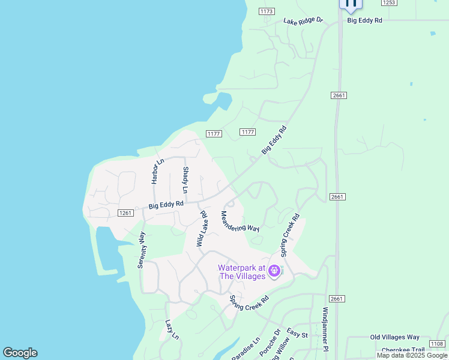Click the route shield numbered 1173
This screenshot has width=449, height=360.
coord(267,11)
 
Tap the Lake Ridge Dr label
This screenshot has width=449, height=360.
coord(303,21)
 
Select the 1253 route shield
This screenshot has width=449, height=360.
coord(388,3)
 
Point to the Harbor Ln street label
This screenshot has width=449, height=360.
coord(158,171)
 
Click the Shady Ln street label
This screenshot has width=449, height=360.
coord(185,180)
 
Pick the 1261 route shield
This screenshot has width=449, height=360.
coord(125,213)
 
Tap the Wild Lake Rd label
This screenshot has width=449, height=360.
coord(202,229)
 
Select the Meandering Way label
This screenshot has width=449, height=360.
coord(240,221)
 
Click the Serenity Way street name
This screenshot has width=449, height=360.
coord(142,250)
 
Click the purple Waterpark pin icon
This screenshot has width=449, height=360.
coord(275,272)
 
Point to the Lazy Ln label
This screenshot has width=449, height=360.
coord(172,329)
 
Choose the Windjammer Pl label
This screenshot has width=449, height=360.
coord(325,329)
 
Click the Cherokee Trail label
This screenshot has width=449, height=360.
coord(403,350)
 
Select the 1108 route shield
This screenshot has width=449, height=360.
coord(437,344)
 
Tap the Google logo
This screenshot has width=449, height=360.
coord(20,353)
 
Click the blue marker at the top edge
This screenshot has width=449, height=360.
coord(351,4)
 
